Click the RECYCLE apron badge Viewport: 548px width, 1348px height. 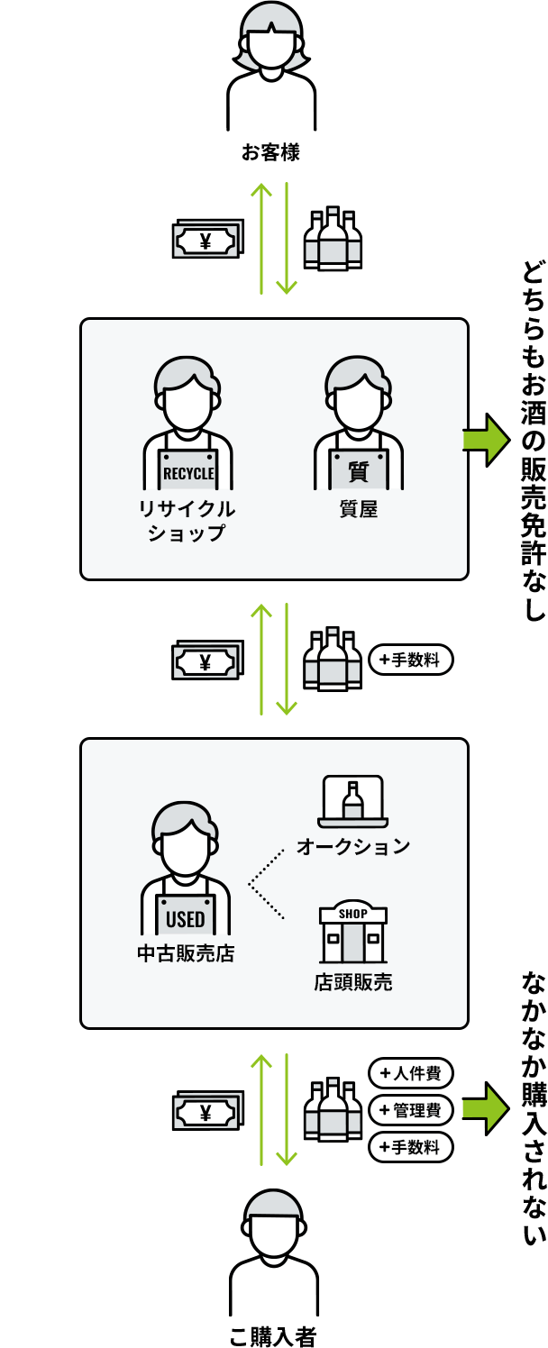[188, 473]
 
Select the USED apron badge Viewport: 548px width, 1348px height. [186, 919]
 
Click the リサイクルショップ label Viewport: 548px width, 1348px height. [187, 521]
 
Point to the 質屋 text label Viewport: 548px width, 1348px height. [359, 509]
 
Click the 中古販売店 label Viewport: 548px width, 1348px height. [186, 953]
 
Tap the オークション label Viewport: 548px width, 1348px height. [353, 846]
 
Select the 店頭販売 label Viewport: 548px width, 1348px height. [353, 981]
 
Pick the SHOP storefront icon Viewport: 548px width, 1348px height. [353, 933]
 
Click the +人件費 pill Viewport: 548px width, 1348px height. [411, 1073]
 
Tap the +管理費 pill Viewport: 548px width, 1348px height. [411, 1110]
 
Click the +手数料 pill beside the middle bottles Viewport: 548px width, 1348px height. [411, 660]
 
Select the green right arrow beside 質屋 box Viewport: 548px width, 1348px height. [485, 440]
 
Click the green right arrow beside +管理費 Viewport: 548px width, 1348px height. [485, 1108]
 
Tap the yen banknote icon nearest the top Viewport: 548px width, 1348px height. [207, 241]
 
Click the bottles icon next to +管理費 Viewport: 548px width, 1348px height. [333, 1111]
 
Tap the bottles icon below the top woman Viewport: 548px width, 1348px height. [333, 240]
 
